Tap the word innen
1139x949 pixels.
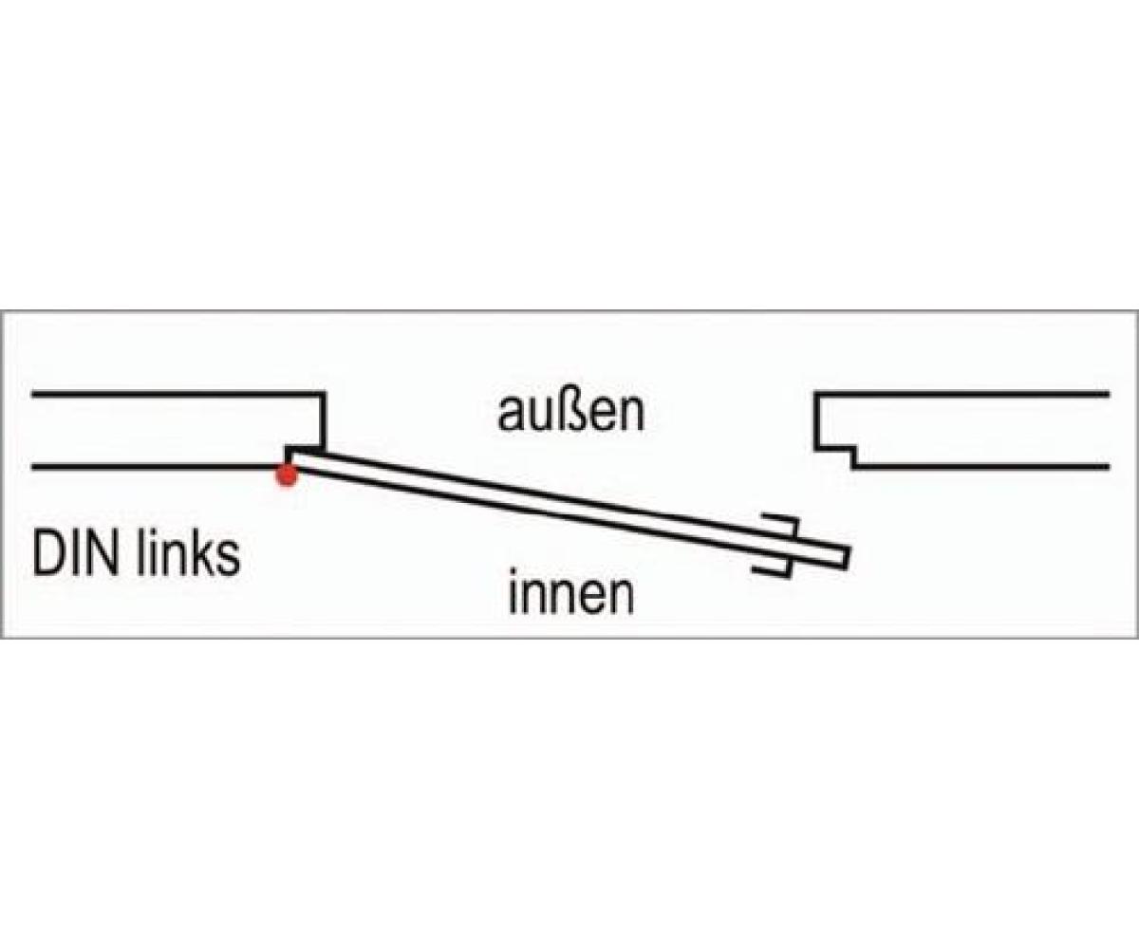pyautogui.click(x=570, y=595)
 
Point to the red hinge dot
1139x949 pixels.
pyautogui.click(x=286, y=475)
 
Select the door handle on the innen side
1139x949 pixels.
pyautogui.click(x=771, y=568)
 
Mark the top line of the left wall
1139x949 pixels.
pyautogui.click(x=171, y=393)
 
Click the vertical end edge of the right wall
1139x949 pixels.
pyautogui.click(x=816, y=419)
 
